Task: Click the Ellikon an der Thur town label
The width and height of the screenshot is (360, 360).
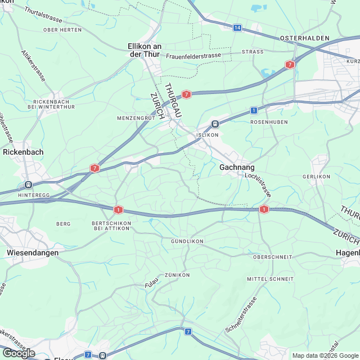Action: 145,50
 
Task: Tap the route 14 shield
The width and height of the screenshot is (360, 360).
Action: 237,28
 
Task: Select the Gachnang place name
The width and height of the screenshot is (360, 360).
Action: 236,168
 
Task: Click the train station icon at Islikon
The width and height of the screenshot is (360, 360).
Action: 215,124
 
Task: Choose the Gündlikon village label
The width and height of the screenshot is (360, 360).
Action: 186,241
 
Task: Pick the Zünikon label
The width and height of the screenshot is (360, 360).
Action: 177,274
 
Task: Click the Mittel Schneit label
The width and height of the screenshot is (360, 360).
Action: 270,279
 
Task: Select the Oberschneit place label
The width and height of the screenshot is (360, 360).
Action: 272,256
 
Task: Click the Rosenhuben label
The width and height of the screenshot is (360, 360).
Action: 265,121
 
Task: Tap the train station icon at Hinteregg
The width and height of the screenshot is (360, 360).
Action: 28,184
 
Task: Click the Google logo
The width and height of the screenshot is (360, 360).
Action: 19,353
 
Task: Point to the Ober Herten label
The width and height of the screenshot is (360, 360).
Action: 58,29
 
